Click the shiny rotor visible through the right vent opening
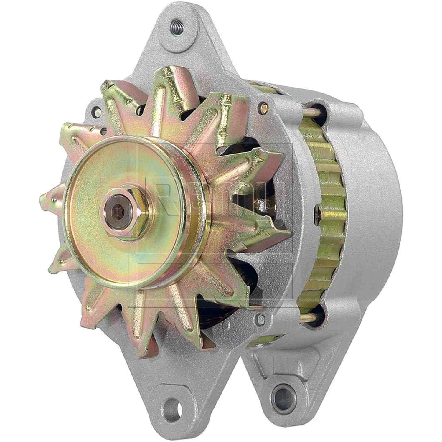[262, 203]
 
